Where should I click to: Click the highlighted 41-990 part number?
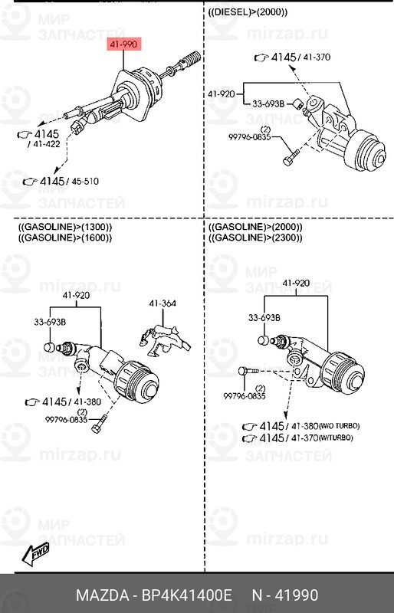point(123,45)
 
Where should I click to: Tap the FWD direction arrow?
point(35,552)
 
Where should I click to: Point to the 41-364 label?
point(162,303)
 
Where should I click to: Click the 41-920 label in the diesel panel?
point(221,94)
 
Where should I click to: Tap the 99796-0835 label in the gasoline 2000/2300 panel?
point(245,395)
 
